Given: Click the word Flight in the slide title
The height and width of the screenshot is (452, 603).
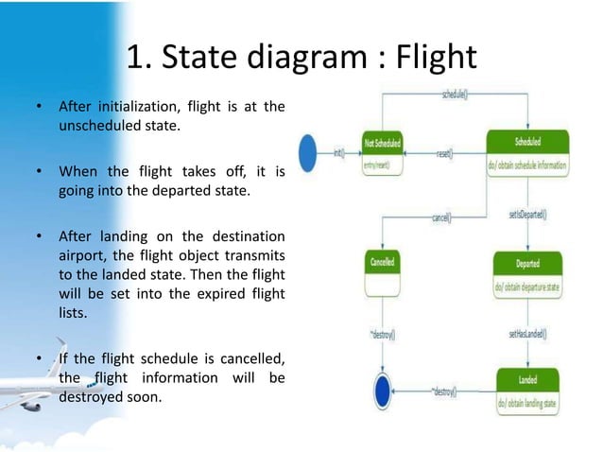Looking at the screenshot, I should point(428,58).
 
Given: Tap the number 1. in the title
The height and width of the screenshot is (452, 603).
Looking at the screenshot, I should point(141,58).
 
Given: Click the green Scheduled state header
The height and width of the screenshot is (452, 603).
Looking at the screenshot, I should point(527,142).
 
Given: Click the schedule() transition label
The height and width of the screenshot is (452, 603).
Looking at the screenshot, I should point(458,96).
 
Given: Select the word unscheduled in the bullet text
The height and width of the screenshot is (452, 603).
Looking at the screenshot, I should point(99,126).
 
